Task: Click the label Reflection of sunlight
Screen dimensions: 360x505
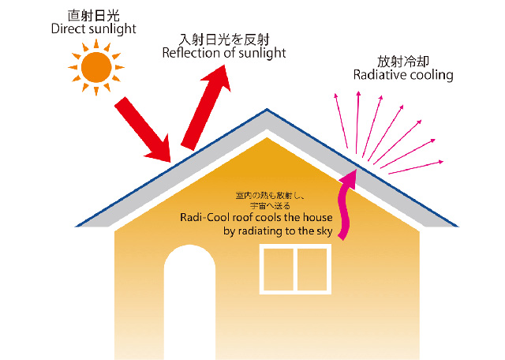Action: click(224, 53)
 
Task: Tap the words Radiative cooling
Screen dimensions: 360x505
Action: click(403, 75)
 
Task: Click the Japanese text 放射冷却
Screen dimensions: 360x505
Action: click(402, 60)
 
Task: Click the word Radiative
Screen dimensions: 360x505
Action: click(380, 75)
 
